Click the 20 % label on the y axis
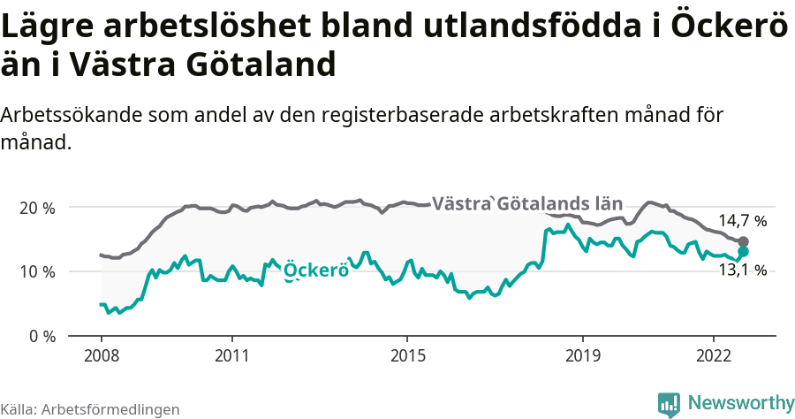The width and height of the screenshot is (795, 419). pos(38,208)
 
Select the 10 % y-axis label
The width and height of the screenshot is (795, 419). pos(38,271)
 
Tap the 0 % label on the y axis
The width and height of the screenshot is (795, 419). pos(42,336)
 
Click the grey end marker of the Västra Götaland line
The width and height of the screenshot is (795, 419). pos(744,242)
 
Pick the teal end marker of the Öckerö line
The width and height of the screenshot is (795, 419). pos(744,252)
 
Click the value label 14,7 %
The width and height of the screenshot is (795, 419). pos(742,221)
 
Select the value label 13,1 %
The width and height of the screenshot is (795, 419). pos(742,270)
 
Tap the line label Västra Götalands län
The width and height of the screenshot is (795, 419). pos(527,203)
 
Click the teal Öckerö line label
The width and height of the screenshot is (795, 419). pos(315,271)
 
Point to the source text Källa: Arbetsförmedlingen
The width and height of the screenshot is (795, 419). pos(90,409)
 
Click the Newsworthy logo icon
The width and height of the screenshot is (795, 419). pos(669,404)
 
